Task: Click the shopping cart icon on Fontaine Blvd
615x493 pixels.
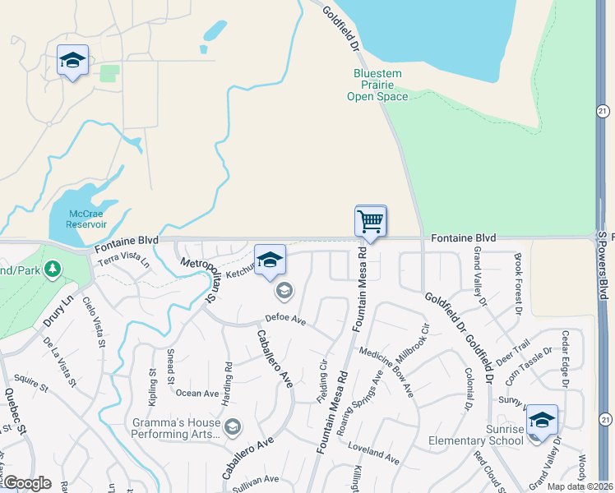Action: click(371, 221)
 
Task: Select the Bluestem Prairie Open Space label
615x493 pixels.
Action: click(377, 85)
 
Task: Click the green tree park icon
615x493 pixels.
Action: click(52, 269)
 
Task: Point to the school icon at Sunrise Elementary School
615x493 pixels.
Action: click(542, 420)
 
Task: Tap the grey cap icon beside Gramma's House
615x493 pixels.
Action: click(233, 426)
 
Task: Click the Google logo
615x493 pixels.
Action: click(27, 483)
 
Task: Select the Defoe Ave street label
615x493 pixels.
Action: click(285, 319)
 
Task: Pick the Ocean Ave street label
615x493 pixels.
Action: click(197, 394)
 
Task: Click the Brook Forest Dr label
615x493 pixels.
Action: click(518, 283)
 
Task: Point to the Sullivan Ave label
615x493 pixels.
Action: click(255, 479)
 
